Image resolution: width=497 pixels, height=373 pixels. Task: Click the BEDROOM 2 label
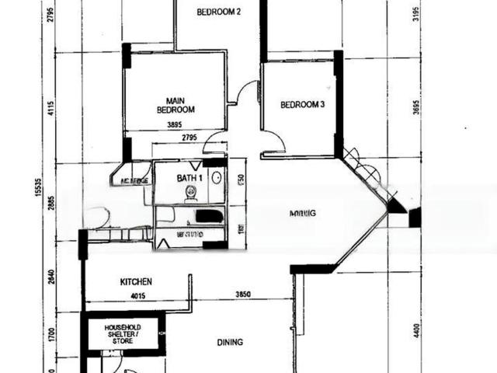click(x=219, y=12)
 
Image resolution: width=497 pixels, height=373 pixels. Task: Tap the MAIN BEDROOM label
click(x=175, y=105)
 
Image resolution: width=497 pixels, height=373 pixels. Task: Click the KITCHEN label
click(x=135, y=282)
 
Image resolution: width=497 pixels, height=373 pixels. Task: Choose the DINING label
click(x=230, y=342)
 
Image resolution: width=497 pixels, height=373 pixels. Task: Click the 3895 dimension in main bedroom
click(x=174, y=124)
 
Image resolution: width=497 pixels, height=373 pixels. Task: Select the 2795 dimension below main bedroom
click(x=189, y=138)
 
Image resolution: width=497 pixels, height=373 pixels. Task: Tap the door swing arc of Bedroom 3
click(x=272, y=141)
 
